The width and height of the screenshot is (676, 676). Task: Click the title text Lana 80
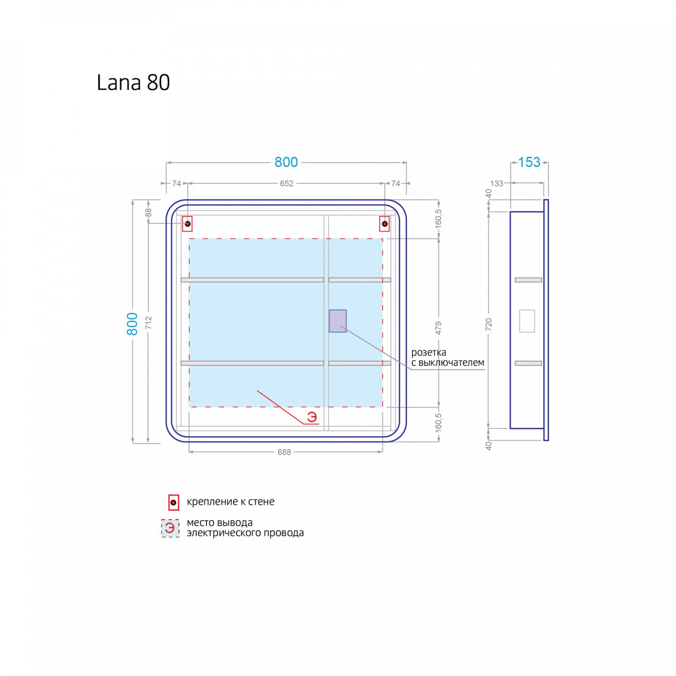[133, 82]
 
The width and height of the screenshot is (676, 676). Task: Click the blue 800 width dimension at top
[286, 162]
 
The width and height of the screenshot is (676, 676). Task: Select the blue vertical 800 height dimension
[132, 324]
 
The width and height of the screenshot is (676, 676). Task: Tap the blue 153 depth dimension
[529, 162]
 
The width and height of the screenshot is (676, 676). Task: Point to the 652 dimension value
[287, 184]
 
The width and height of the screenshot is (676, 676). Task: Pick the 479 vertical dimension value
[438, 328]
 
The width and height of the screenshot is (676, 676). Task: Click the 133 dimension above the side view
[497, 184]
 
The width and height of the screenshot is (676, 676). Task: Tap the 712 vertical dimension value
[149, 322]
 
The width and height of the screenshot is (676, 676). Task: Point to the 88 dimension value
[149, 213]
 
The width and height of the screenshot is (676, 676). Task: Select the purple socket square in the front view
[338, 321]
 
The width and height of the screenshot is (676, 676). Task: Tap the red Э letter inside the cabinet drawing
[312, 417]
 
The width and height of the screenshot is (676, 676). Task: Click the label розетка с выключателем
[448, 357]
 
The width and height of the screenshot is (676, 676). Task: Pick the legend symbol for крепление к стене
[173, 503]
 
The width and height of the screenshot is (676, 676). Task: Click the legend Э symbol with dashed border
[170, 528]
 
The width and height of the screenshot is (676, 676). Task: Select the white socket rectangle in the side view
[527, 321]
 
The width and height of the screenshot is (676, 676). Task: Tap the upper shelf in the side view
[528, 280]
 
